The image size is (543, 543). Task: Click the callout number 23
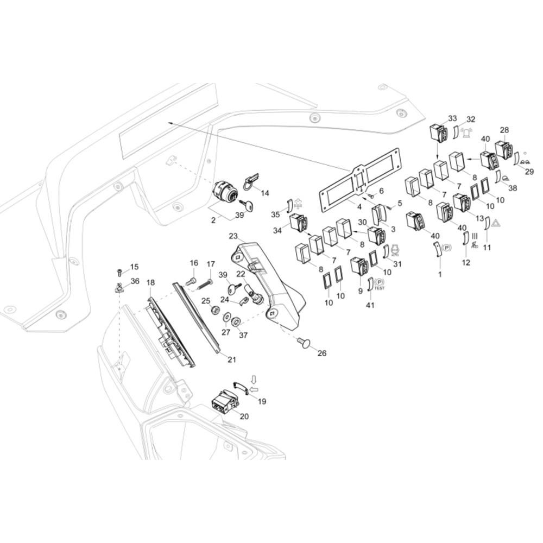click(x=233, y=236)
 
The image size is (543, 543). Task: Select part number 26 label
click(x=322, y=353)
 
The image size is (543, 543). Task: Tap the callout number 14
click(x=264, y=193)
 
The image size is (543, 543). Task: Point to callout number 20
click(x=244, y=416)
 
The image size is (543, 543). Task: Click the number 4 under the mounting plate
click(x=358, y=207)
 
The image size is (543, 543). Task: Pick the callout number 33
click(x=452, y=118)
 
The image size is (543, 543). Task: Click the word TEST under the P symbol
click(x=380, y=288)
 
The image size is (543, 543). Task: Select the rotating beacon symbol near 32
click(x=466, y=132)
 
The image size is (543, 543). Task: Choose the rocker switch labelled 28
click(x=504, y=149)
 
